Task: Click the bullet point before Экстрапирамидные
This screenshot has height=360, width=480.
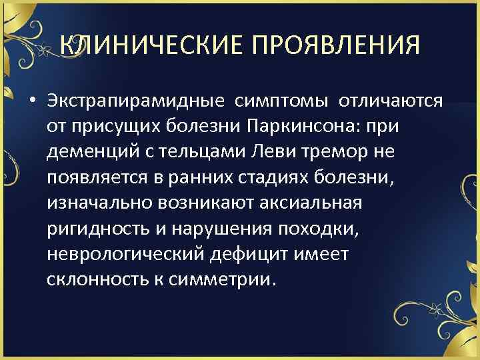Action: coord(31,101)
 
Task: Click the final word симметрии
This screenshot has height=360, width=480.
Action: coord(223,279)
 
